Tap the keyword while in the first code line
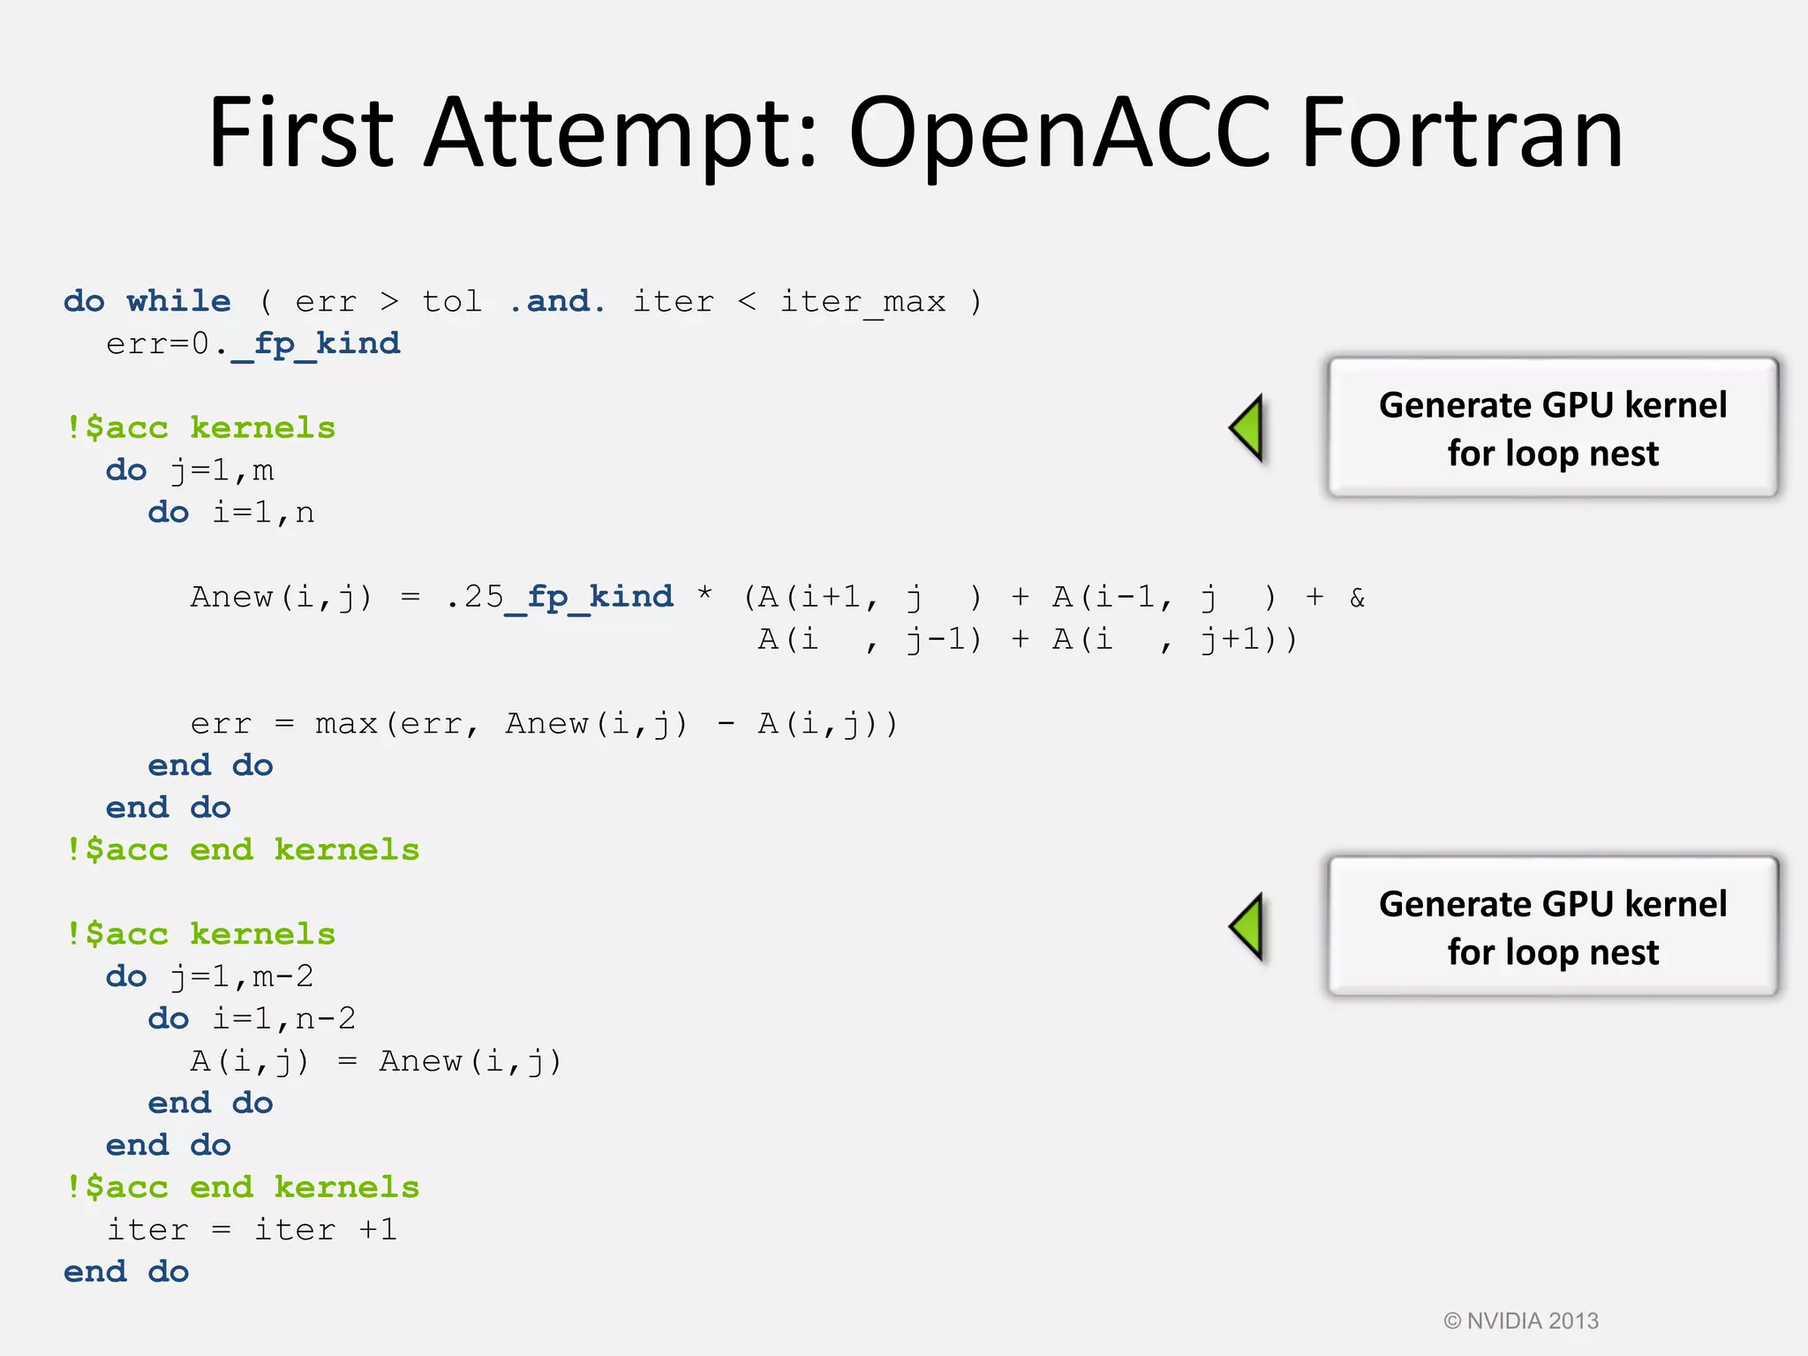click(179, 301)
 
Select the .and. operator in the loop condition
click(558, 301)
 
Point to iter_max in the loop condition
click(863, 303)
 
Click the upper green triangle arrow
click(1248, 427)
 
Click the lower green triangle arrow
click(1248, 926)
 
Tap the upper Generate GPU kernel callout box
click(1552, 428)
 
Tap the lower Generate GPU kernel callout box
click(1552, 927)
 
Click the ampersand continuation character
click(1357, 598)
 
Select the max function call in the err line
click(346, 724)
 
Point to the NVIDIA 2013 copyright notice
click(1520, 1321)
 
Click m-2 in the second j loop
click(283, 976)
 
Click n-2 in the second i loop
click(326, 1019)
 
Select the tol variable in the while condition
click(452, 301)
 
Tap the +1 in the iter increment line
click(378, 1230)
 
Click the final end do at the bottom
click(126, 1272)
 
